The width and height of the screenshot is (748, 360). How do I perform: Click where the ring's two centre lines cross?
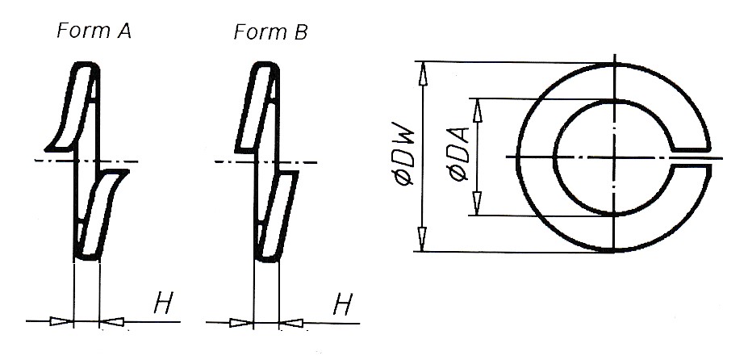614,157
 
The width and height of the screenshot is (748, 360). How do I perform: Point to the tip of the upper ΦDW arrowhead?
422,61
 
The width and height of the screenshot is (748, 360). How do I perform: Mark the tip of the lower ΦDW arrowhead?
422,251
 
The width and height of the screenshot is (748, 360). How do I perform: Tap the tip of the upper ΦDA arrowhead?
477,98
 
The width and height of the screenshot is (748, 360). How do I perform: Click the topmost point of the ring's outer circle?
614,63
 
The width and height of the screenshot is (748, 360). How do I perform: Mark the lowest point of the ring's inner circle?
614,215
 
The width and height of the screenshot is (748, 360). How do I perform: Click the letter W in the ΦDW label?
403,135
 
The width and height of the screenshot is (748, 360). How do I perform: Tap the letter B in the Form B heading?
300,32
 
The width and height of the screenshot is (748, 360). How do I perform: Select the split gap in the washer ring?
692,157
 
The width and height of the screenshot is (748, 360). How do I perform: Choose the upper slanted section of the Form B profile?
257,107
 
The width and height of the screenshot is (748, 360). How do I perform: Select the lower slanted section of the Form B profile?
277,216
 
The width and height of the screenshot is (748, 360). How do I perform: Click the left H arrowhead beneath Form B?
241,323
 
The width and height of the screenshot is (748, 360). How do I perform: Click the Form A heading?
94,31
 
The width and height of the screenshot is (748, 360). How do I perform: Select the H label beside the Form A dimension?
163,303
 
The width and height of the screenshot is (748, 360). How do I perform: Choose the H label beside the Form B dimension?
342,304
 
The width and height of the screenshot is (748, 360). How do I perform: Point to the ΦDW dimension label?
403,153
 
